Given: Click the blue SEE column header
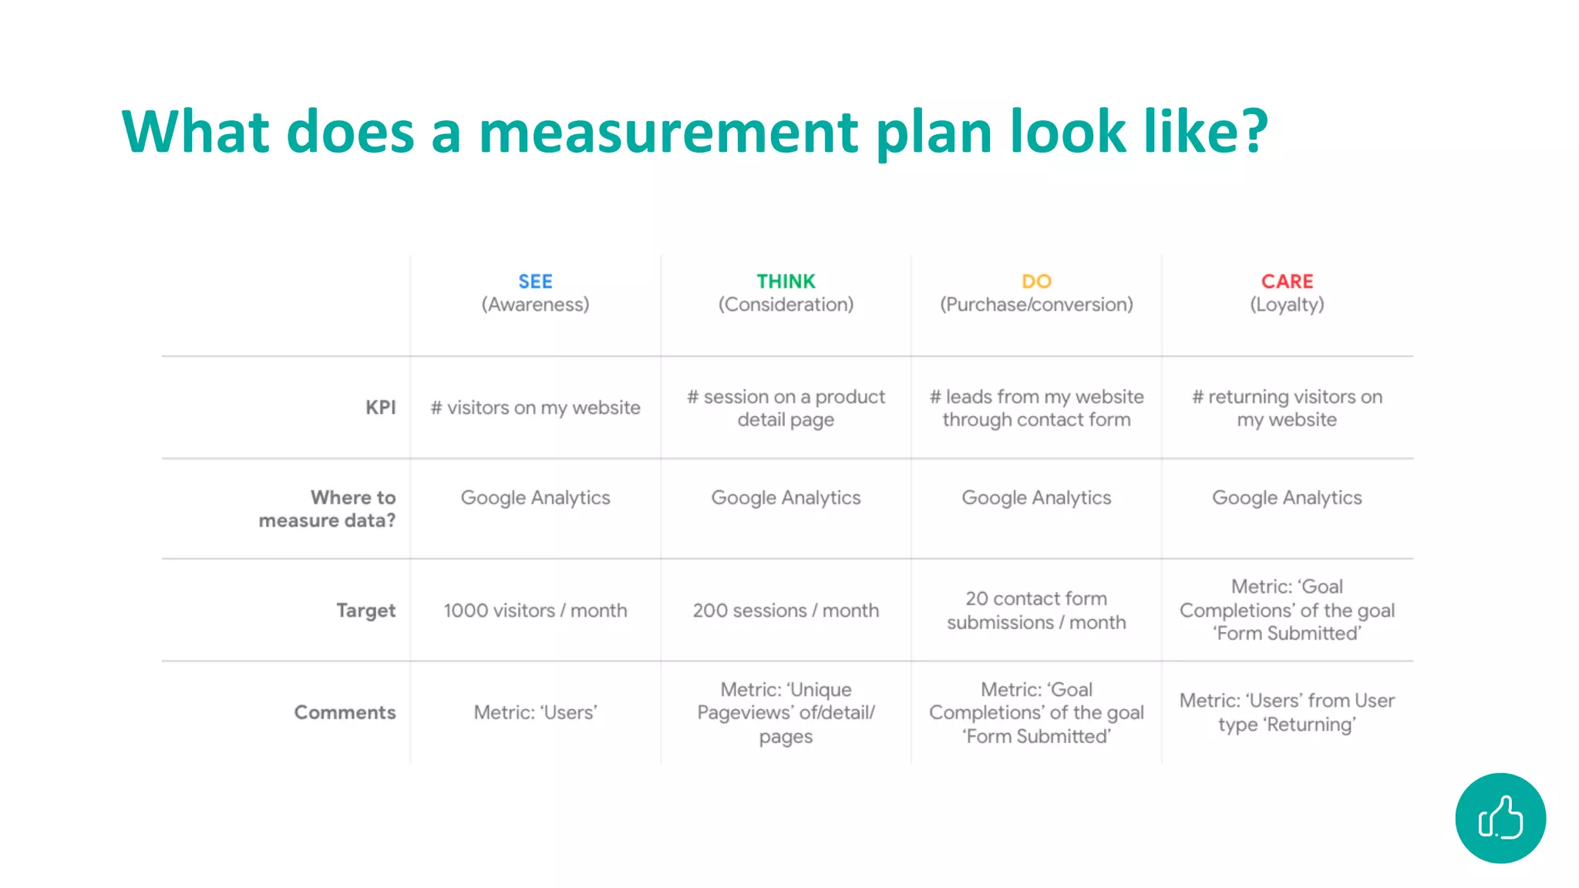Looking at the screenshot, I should tap(535, 281).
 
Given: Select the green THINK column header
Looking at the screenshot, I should tap(786, 281).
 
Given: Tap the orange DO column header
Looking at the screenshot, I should tap(1036, 281).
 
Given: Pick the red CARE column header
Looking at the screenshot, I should tap(1287, 281).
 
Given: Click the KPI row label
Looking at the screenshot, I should tap(380, 407).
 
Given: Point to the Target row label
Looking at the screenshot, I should tap(365, 610).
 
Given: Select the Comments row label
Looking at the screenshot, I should tap(345, 712).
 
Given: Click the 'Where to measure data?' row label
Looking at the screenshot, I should tap(328, 509).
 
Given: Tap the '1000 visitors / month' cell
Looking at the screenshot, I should tap(535, 610).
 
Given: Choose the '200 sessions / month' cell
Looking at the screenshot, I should tap(786, 610).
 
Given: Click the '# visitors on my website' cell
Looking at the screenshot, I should tap(535, 407).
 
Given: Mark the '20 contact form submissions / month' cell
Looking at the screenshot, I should tap(1036, 610).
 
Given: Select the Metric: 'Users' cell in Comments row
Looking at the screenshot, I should tap(535, 712).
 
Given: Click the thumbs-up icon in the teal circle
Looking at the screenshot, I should tap(1500, 818).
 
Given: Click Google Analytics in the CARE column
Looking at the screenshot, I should tap(1287, 498).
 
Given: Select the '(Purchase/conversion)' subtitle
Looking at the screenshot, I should tap(1036, 304).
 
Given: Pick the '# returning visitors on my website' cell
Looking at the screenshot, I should tap(1287, 408).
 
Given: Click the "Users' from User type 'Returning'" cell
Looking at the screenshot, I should tap(1287, 712).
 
